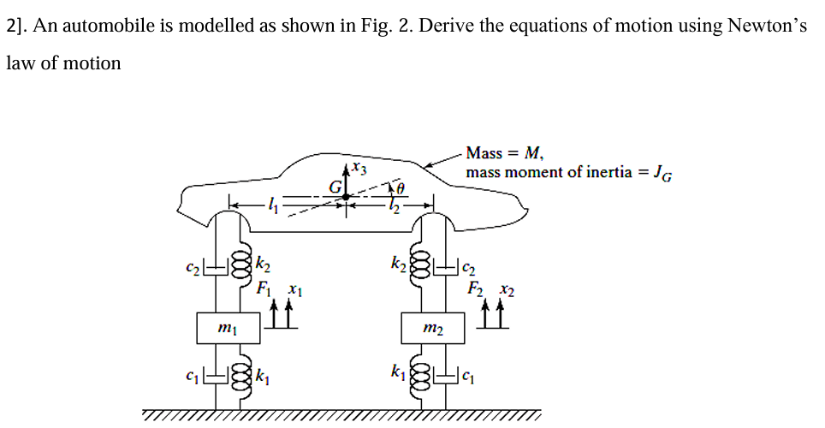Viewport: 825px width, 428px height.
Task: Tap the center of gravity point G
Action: (346, 196)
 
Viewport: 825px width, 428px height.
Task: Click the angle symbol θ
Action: (398, 187)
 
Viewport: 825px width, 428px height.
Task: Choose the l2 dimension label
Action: (394, 205)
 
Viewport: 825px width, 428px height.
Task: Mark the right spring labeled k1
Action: (419, 374)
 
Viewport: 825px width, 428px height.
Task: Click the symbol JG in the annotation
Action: (662, 174)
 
